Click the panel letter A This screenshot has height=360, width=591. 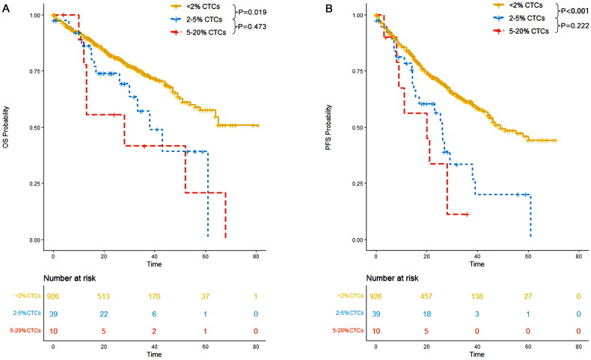point(6,8)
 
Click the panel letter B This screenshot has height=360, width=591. point(328,8)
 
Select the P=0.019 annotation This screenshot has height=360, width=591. point(252,12)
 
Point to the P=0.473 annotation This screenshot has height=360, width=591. point(252,26)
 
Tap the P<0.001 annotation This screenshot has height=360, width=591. point(575,11)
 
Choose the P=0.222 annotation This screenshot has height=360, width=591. point(575,25)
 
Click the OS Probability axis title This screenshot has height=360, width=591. point(6,127)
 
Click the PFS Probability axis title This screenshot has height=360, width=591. point(328,127)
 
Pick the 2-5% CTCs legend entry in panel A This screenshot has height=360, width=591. point(196,19)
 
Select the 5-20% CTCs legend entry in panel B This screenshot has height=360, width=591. point(521,31)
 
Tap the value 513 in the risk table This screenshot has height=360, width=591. point(104,296)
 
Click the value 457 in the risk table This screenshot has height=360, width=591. point(426,296)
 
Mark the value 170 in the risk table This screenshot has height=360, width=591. point(154,296)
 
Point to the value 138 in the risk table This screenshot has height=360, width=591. point(477,296)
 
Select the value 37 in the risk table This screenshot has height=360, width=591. point(205,296)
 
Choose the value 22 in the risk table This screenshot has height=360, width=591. point(104,314)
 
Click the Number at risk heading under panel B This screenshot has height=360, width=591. point(392,278)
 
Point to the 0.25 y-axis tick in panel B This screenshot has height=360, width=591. point(357,183)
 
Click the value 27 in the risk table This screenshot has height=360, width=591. point(527,296)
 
